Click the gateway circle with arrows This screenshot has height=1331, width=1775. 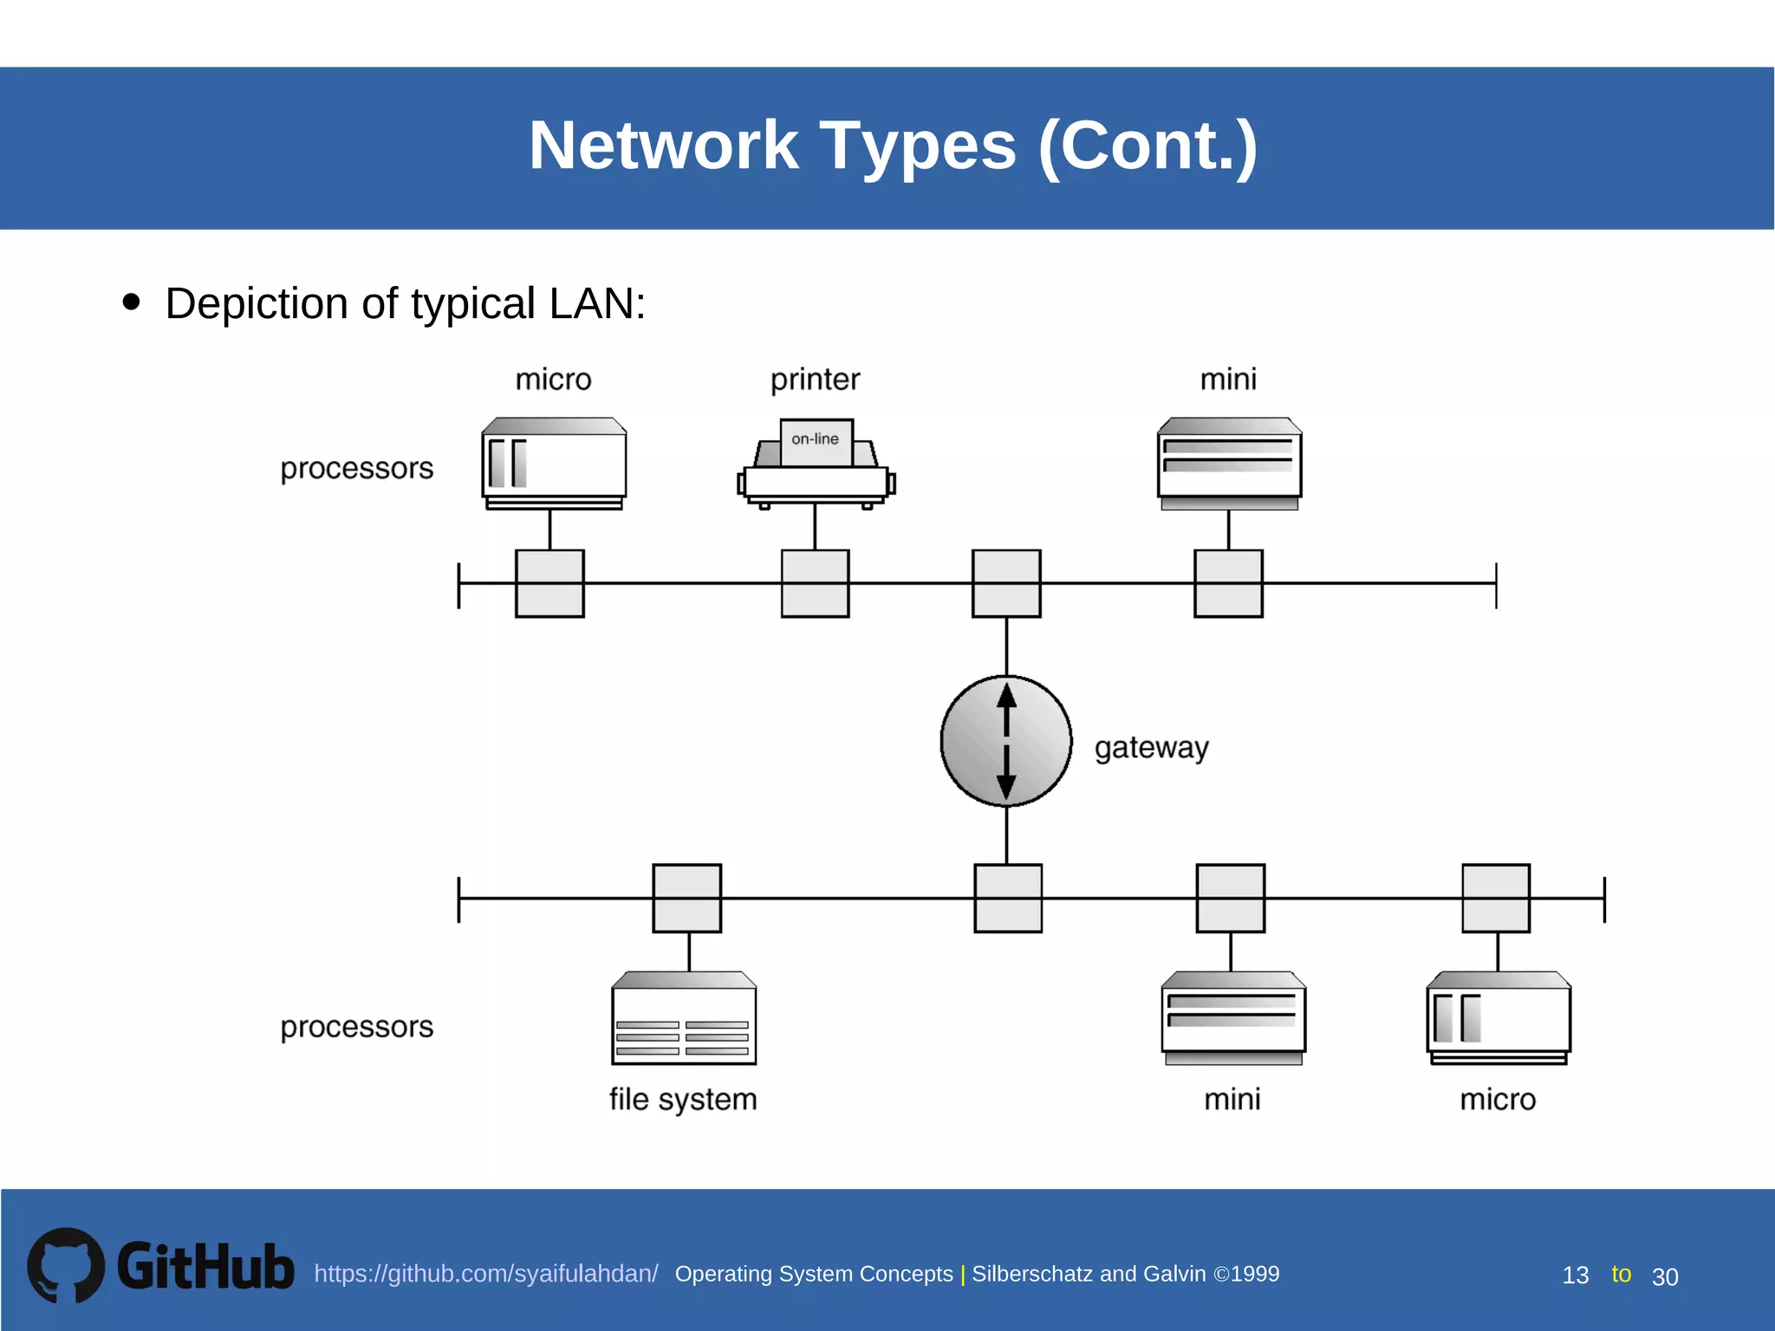[x=1005, y=741]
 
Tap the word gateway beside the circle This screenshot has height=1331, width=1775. [x=1150, y=747]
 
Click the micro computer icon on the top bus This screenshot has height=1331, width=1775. [x=554, y=464]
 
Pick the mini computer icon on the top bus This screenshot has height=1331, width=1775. [x=1229, y=464]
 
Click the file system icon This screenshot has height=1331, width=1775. [x=684, y=1018]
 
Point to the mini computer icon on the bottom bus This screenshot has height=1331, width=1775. [x=1232, y=1018]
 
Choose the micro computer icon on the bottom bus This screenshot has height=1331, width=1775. [x=1499, y=1018]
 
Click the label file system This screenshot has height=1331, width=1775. [x=683, y=1099]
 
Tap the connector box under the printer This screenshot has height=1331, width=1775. [x=815, y=583]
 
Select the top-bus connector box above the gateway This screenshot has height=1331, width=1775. [x=1005, y=583]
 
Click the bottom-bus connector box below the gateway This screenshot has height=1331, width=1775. [x=1007, y=898]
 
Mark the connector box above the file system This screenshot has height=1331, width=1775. [x=686, y=898]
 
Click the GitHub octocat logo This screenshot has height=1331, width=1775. [x=66, y=1265]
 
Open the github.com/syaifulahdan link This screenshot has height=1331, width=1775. [x=485, y=1274]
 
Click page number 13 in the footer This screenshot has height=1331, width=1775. [x=1575, y=1276]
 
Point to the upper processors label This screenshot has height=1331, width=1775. [x=356, y=468]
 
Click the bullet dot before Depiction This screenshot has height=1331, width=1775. [x=132, y=302]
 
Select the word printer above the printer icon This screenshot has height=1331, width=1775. [x=815, y=380]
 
